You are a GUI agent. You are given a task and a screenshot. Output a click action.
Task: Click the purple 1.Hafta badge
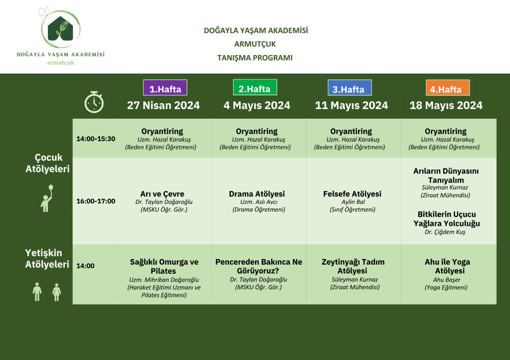tap(165, 88)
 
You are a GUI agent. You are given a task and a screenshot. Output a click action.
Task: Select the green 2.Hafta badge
tap(255, 87)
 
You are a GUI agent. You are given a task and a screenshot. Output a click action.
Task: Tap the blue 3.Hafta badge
tap(350, 88)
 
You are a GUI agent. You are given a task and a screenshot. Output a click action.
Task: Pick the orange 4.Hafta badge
tap(448, 88)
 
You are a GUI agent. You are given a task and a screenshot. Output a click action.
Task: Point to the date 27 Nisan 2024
tap(163, 106)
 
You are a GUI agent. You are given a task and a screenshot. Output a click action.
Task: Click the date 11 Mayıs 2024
tap(351, 106)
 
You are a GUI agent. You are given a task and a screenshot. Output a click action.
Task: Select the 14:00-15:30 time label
tap(96, 139)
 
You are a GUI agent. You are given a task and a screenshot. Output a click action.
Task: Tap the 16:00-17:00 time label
tap(96, 201)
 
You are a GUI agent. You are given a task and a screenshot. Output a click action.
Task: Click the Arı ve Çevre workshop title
tap(162, 194)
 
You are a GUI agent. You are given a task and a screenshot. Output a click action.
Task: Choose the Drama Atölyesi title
tap(257, 194)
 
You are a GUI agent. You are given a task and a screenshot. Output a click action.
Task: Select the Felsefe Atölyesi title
tap(352, 194)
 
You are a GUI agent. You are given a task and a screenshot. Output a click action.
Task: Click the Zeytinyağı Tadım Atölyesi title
tap(353, 266)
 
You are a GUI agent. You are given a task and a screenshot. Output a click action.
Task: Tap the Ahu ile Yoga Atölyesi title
tap(448, 266)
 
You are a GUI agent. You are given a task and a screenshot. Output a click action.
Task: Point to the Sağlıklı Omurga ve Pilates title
tap(164, 266)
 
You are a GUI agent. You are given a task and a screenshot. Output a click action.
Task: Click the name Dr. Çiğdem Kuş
tap(445, 232)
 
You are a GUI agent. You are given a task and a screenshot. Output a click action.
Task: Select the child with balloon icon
tap(47, 198)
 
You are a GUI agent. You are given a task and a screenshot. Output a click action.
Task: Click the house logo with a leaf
tap(61, 29)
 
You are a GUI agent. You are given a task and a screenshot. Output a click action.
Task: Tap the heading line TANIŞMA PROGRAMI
tap(255, 58)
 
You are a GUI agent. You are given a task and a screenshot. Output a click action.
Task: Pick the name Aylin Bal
tap(353, 201)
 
